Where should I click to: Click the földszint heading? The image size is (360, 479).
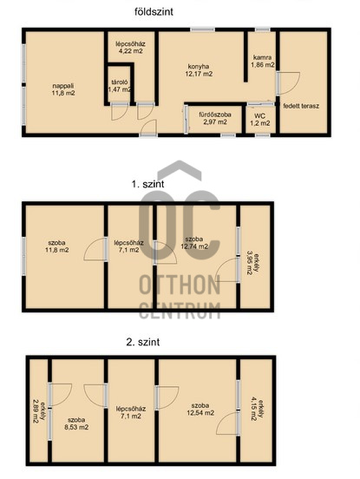click(154, 12)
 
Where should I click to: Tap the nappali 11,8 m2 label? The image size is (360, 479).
click(63, 89)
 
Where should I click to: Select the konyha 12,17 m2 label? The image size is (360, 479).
click(199, 70)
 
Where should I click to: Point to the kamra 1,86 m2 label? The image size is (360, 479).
click(263, 61)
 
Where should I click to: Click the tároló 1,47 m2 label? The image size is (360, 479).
click(120, 86)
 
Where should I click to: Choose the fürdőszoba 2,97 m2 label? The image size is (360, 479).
click(215, 118)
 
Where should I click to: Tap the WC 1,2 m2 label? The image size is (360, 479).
click(260, 120)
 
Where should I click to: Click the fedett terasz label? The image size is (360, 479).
click(301, 107)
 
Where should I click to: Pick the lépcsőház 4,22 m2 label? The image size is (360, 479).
click(130, 48)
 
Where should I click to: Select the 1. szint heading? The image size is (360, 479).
click(147, 184)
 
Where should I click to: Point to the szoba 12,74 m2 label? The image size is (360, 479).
click(194, 243)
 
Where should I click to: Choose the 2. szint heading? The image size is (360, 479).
click(143, 342)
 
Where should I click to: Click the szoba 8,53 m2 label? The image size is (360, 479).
click(76, 423)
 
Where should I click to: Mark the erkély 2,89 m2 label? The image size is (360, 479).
click(38, 411)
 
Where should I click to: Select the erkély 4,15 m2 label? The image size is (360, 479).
click(257, 409)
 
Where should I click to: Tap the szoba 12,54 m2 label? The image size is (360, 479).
click(200, 409)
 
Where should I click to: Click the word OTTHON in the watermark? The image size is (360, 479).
click(180, 285)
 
